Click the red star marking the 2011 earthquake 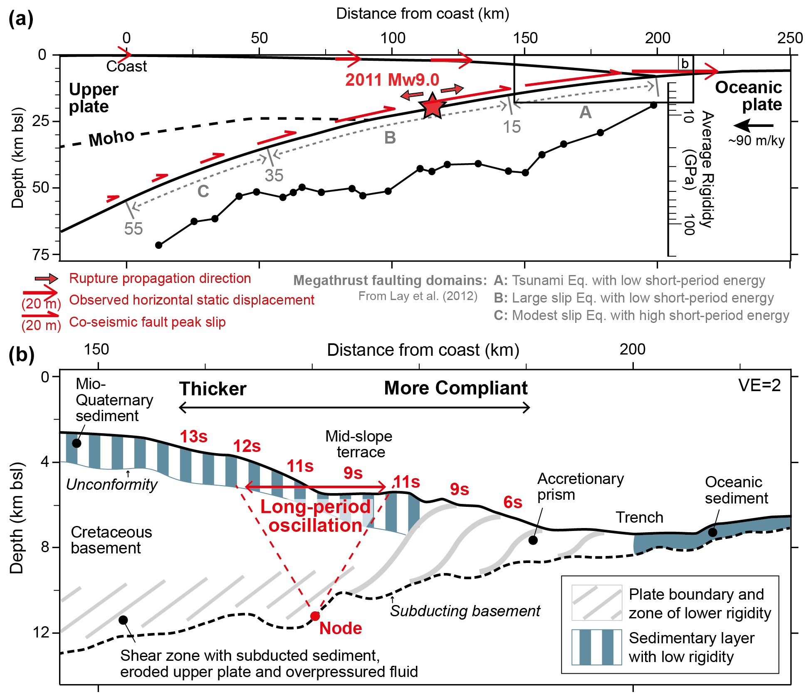coord(432,107)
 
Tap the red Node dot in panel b coord(315,616)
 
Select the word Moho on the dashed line coord(111,138)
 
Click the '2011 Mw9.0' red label coord(392,79)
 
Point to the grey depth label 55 coord(134,228)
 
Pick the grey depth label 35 coord(274,175)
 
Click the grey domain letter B coord(390,138)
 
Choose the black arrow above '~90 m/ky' coord(753,125)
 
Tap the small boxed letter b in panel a coord(685,64)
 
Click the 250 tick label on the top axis coord(790,38)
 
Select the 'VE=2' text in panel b coord(759,385)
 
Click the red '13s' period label coord(193,437)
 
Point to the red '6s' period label coord(512,502)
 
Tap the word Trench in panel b coord(639,517)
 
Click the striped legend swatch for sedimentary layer coord(596,647)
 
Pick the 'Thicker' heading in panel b coord(213,389)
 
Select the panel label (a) coord(21,19)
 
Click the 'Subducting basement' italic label coord(465,611)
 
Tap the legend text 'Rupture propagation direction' coord(160,278)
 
